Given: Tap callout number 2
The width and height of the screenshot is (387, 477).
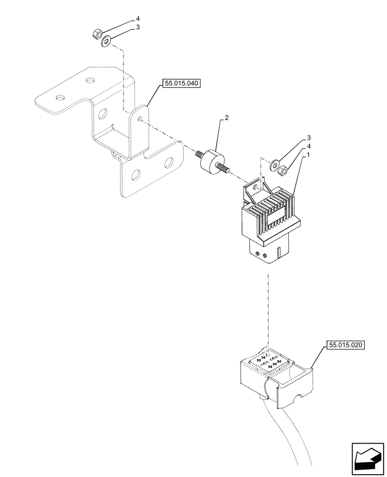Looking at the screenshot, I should (227, 118).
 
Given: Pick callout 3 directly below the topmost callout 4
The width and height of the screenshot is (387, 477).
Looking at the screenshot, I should (138, 28).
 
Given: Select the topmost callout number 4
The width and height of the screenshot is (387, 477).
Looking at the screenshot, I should (138, 19).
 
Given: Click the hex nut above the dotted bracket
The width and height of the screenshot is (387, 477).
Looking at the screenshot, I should (95, 34).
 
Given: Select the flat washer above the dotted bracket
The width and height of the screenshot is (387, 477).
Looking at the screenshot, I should (106, 42).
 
